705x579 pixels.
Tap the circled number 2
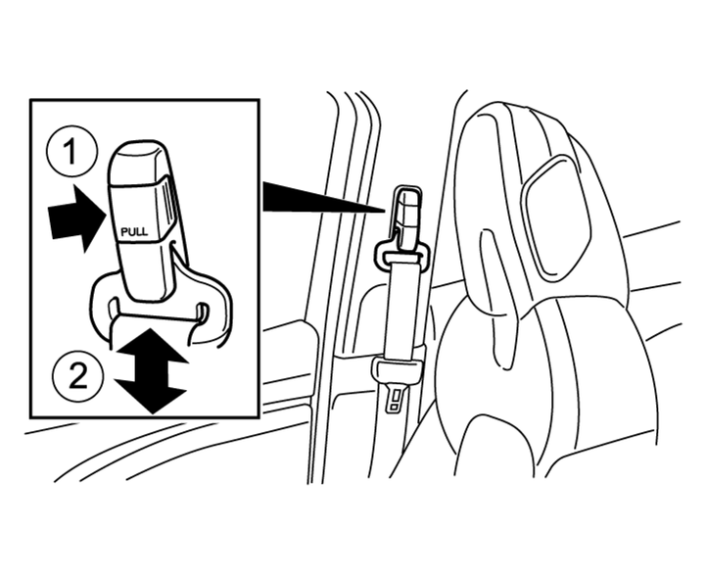(x=78, y=375)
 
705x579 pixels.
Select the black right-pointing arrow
(x=77, y=218)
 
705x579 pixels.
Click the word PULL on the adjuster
(x=134, y=232)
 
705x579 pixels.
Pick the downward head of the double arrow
(x=151, y=396)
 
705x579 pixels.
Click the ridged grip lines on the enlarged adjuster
(x=168, y=203)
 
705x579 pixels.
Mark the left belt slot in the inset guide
(x=113, y=309)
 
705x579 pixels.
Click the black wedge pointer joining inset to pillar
(x=324, y=197)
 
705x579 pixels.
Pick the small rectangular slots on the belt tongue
(x=396, y=401)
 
